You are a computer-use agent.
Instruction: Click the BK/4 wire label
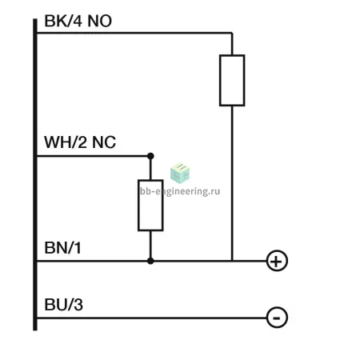tap(63, 21)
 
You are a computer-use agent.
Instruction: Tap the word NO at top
tap(100, 21)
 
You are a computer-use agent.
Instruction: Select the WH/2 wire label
tap(66, 142)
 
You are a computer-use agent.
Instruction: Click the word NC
tap(104, 142)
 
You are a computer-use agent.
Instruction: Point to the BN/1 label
tap(62, 248)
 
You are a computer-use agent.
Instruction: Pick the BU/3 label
tap(63, 305)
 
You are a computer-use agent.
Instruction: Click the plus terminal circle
tap(277, 261)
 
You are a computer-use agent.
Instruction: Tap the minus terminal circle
tap(277, 318)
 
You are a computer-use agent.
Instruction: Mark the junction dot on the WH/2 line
tap(150, 156)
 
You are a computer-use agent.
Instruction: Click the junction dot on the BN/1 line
tap(150, 261)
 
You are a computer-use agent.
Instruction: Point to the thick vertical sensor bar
tap(35, 174)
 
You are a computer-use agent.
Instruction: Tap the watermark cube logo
tap(180, 174)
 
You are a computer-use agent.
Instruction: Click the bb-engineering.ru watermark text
tap(180, 191)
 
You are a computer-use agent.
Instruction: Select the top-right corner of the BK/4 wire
tap(232, 33)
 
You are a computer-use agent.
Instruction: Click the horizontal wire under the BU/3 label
tap(152, 318)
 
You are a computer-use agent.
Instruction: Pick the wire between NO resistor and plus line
tap(232, 183)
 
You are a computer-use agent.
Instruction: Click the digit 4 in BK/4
tap(78, 21)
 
